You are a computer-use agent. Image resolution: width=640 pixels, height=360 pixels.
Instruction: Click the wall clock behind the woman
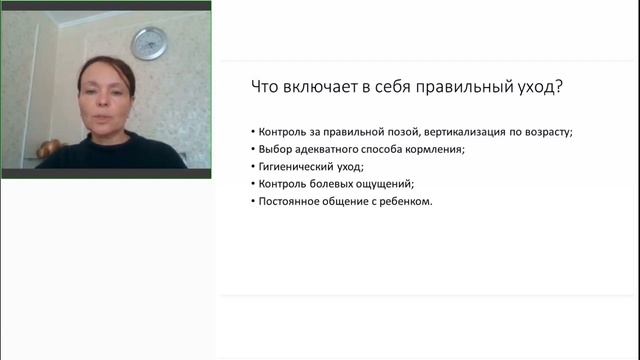point(149,43)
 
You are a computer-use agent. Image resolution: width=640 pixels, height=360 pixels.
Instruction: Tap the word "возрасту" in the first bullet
point(546,133)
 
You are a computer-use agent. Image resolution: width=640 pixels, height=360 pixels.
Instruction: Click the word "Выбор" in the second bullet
point(275,150)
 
